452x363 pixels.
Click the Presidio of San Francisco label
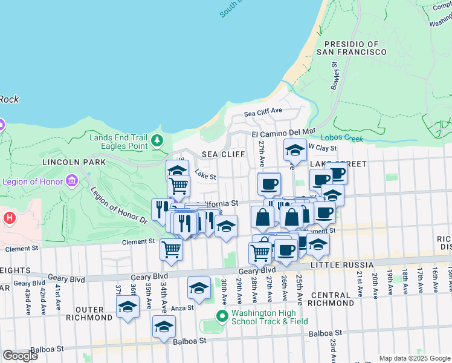355,48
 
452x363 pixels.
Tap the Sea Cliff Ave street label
263,113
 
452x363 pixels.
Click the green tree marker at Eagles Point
157,141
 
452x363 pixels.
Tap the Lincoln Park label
74,162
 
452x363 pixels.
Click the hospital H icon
9,217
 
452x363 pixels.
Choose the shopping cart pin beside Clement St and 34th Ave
172,248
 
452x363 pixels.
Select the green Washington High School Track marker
222,315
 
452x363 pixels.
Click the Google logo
20,356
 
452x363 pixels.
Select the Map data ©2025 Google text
415,358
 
